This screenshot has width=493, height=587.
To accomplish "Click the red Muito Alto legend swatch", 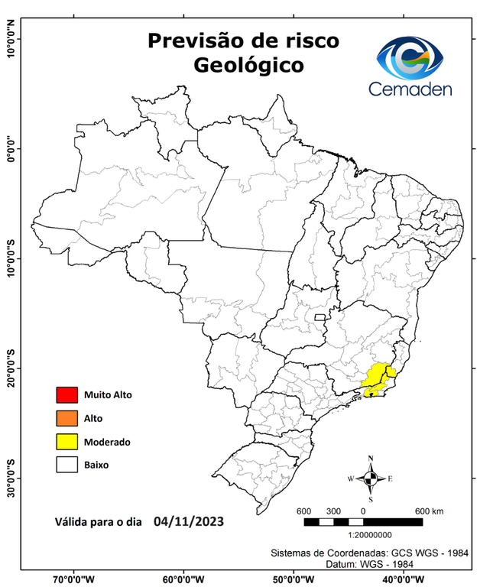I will [67, 395].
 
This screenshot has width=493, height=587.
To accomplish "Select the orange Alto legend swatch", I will [67, 418].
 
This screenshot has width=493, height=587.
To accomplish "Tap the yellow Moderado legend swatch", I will [67, 441].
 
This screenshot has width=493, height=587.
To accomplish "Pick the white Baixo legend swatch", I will [67, 464].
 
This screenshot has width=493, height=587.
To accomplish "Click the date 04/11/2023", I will [189, 522].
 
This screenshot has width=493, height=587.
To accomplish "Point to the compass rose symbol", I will [371, 478].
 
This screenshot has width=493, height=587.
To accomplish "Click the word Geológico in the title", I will [248, 65].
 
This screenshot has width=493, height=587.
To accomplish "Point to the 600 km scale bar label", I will [429, 511].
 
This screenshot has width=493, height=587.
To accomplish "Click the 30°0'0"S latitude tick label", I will [11, 478].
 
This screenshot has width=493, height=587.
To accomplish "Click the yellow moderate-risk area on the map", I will [376, 377].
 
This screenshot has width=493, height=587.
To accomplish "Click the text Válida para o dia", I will [99, 524].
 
